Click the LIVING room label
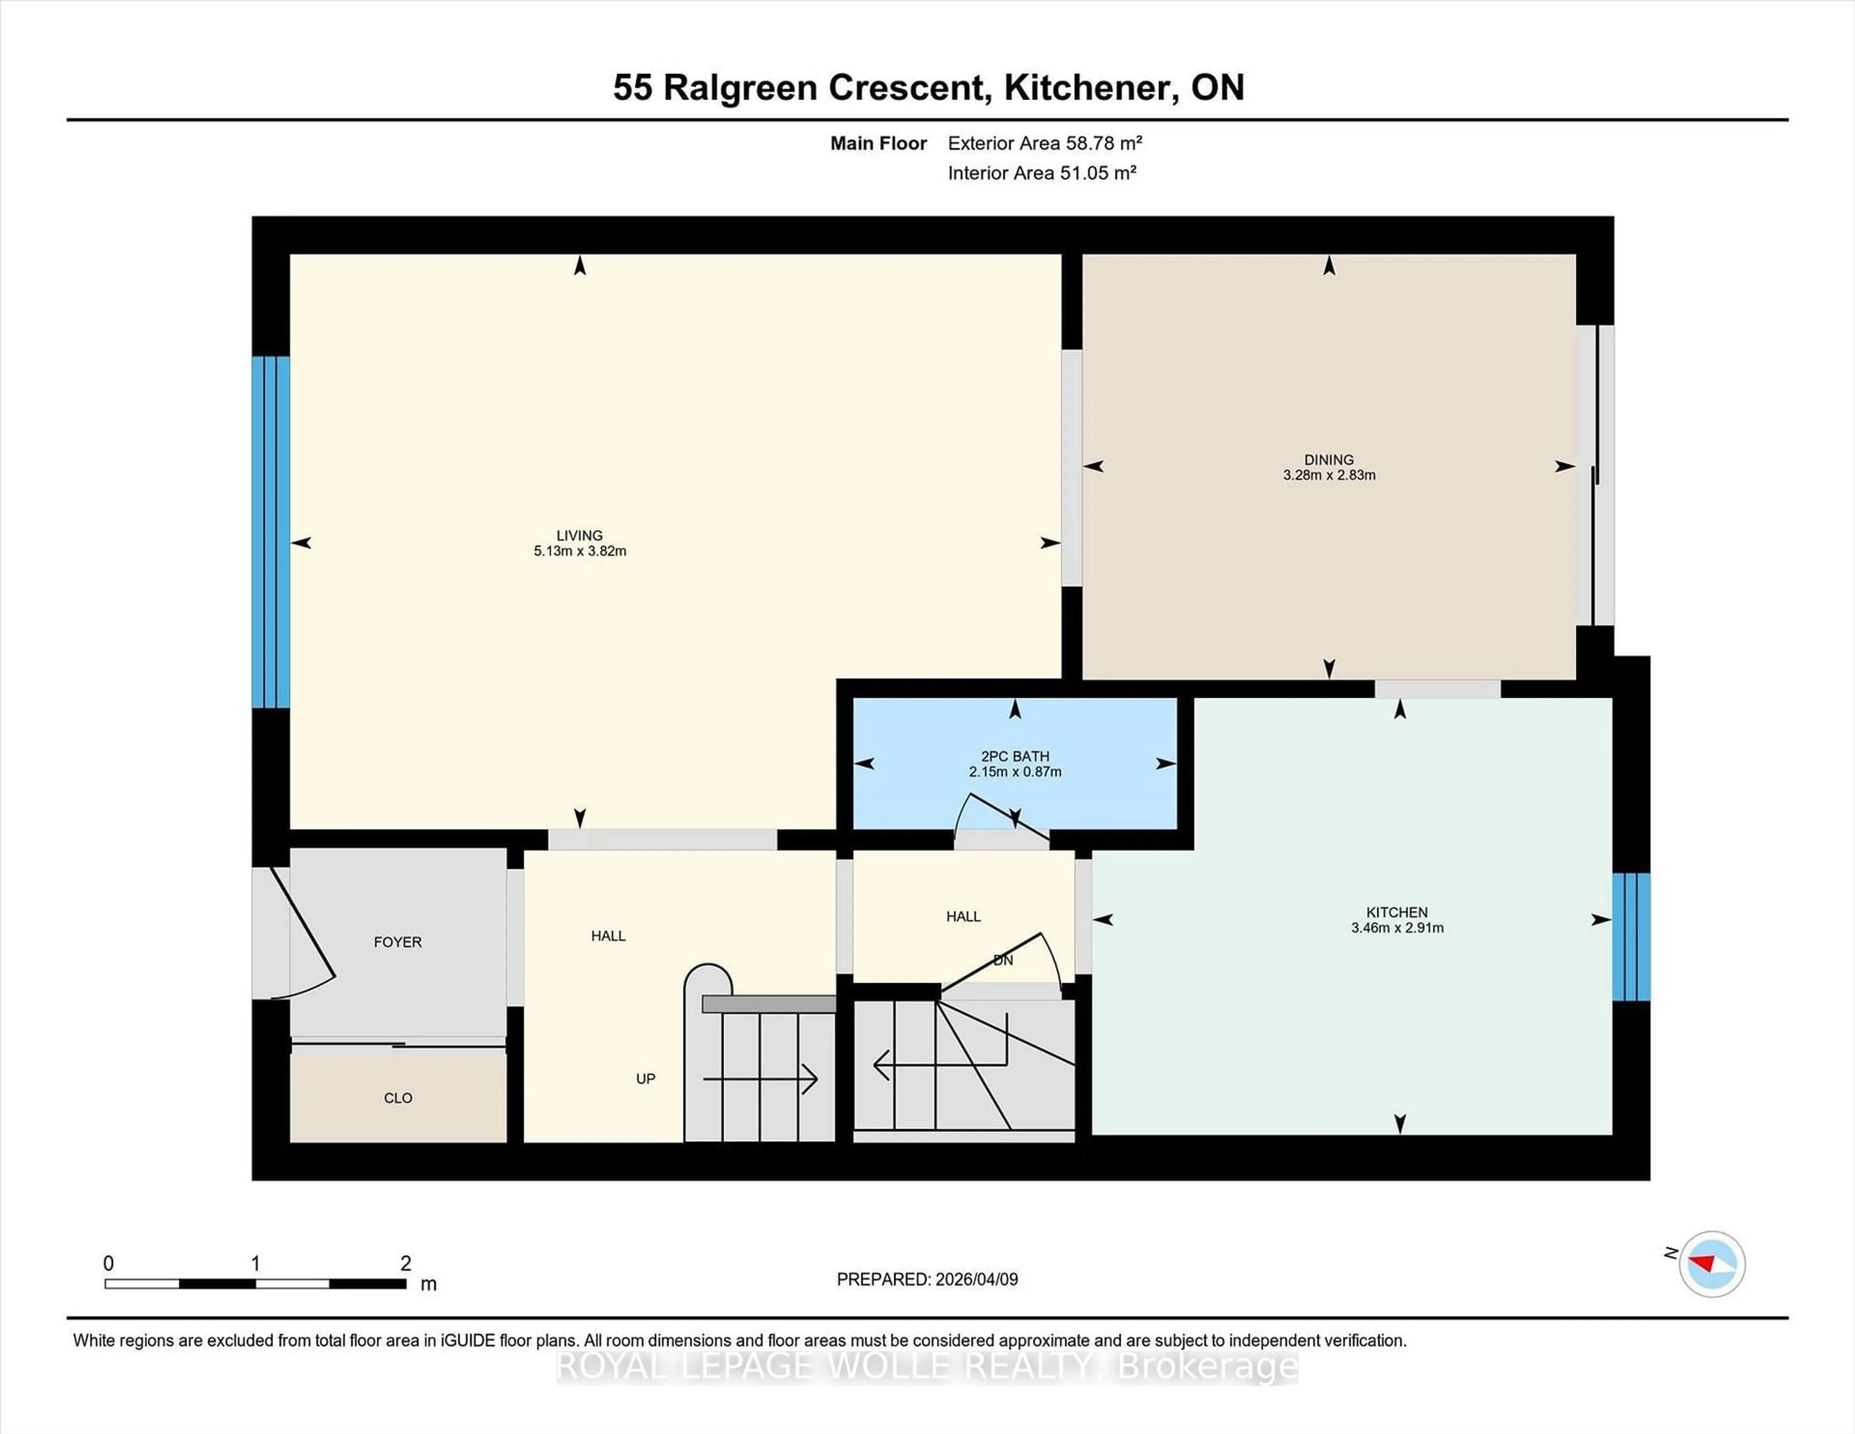pos(579,535)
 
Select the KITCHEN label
pos(1397,912)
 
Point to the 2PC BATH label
pos(1015,756)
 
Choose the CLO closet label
pos(398,1098)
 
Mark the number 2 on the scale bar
pos(406,1263)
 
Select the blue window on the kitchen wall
pos(1631,936)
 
